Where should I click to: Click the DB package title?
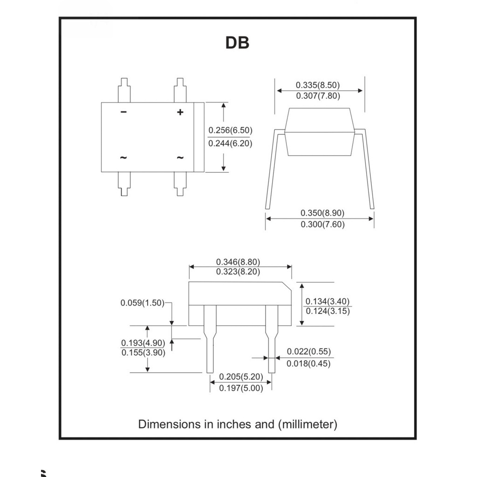(x=237, y=42)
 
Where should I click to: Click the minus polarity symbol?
(x=123, y=112)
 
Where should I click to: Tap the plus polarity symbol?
(x=180, y=112)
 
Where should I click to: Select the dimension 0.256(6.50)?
(x=230, y=130)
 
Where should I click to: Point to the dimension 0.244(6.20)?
(x=230, y=143)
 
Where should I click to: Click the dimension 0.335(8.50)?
(x=318, y=85)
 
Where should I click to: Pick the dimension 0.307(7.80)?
(x=318, y=96)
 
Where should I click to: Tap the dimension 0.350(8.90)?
(x=322, y=212)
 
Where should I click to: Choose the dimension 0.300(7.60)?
(x=322, y=224)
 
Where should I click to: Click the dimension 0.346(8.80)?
(x=238, y=262)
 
